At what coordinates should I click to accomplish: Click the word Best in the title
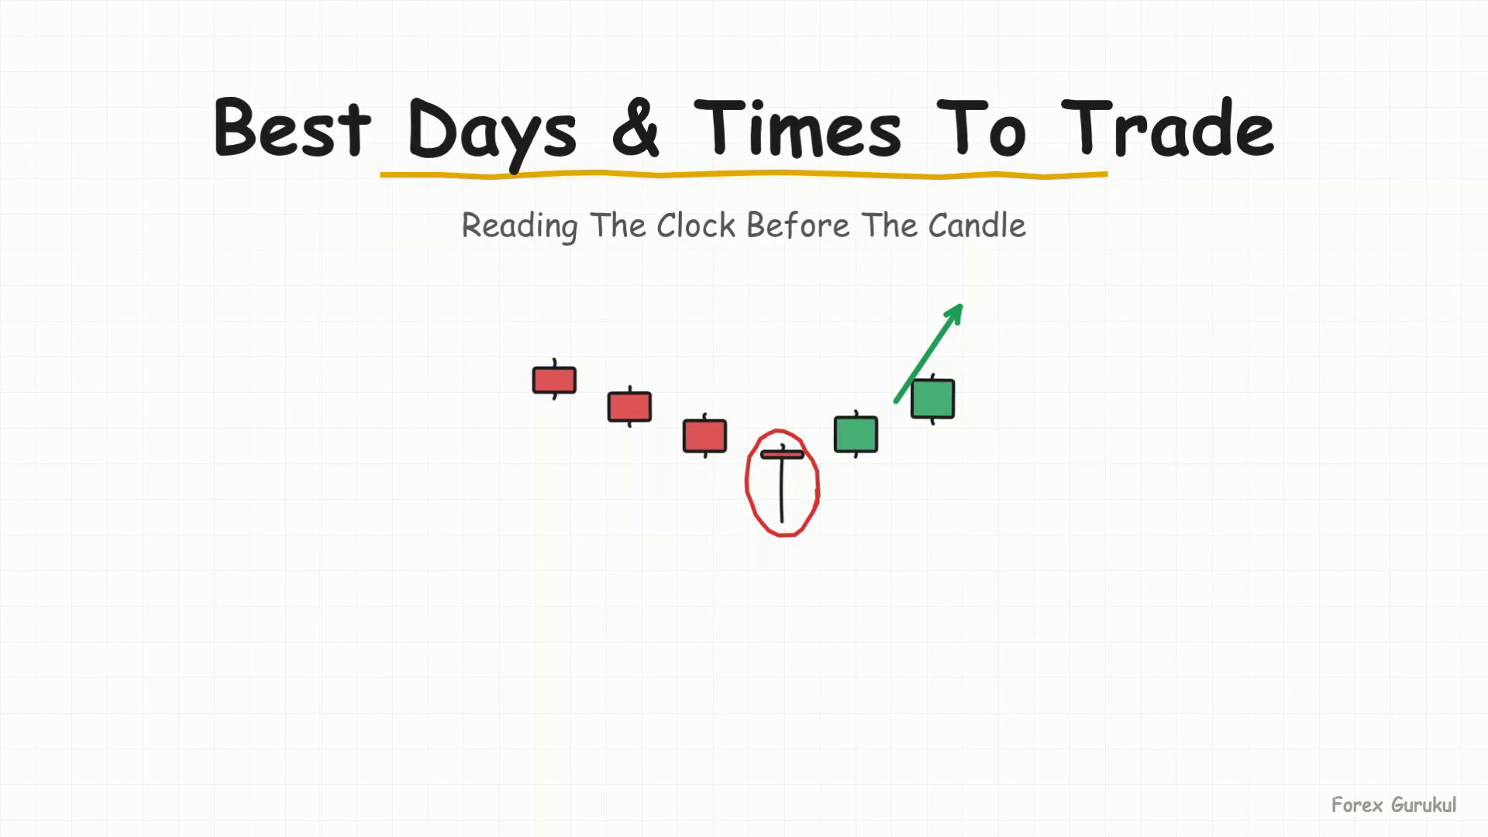(x=292, y=127)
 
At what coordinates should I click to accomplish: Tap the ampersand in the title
(x=635, y=128)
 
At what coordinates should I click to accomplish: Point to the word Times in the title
(x=797, y=127)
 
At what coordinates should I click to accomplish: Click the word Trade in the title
(x=1167, y=127)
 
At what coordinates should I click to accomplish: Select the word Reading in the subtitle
(x=519, y=227)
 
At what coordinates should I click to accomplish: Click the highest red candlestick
(x=554, y=380)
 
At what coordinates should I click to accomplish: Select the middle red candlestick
(x=629, y=407)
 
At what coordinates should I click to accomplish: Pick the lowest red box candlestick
(x=704, y=436)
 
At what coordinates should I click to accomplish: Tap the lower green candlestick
(x=856, y=434)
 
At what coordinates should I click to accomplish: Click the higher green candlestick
(x=932, y=399)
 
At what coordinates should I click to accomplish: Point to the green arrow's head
(x=955, y=313)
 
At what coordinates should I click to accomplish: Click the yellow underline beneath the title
(x=744, y=176)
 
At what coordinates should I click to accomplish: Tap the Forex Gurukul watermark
(x=1393, y=805)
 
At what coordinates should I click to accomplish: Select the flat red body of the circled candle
(x=782, y=454)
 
